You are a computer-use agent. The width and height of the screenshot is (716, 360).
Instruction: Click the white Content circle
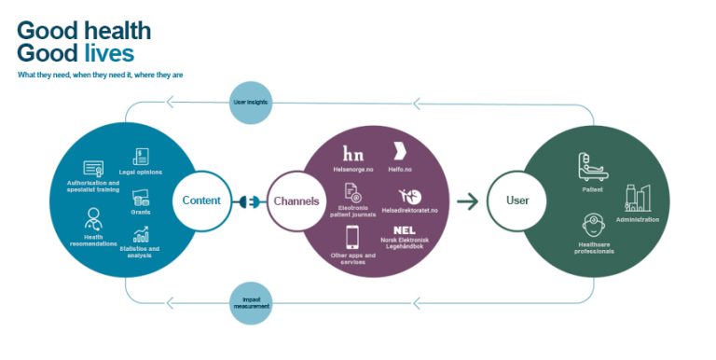pos(201,201)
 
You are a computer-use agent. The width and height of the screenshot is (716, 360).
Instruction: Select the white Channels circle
pos(296,201)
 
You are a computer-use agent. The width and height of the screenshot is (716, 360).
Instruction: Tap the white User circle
pos(516,201)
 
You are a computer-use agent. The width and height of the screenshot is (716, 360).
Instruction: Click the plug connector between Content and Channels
pos(249,201)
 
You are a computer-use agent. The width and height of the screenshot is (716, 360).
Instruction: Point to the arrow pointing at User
pos(468,201)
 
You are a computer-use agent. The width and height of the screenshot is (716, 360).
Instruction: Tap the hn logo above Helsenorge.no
pos(352,153)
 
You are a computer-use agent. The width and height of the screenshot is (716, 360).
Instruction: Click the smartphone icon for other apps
pos(352,236)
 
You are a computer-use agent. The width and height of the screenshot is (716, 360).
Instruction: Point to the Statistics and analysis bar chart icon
pos(142,235)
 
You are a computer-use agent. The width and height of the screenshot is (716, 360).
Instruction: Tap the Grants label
pos(142,212)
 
